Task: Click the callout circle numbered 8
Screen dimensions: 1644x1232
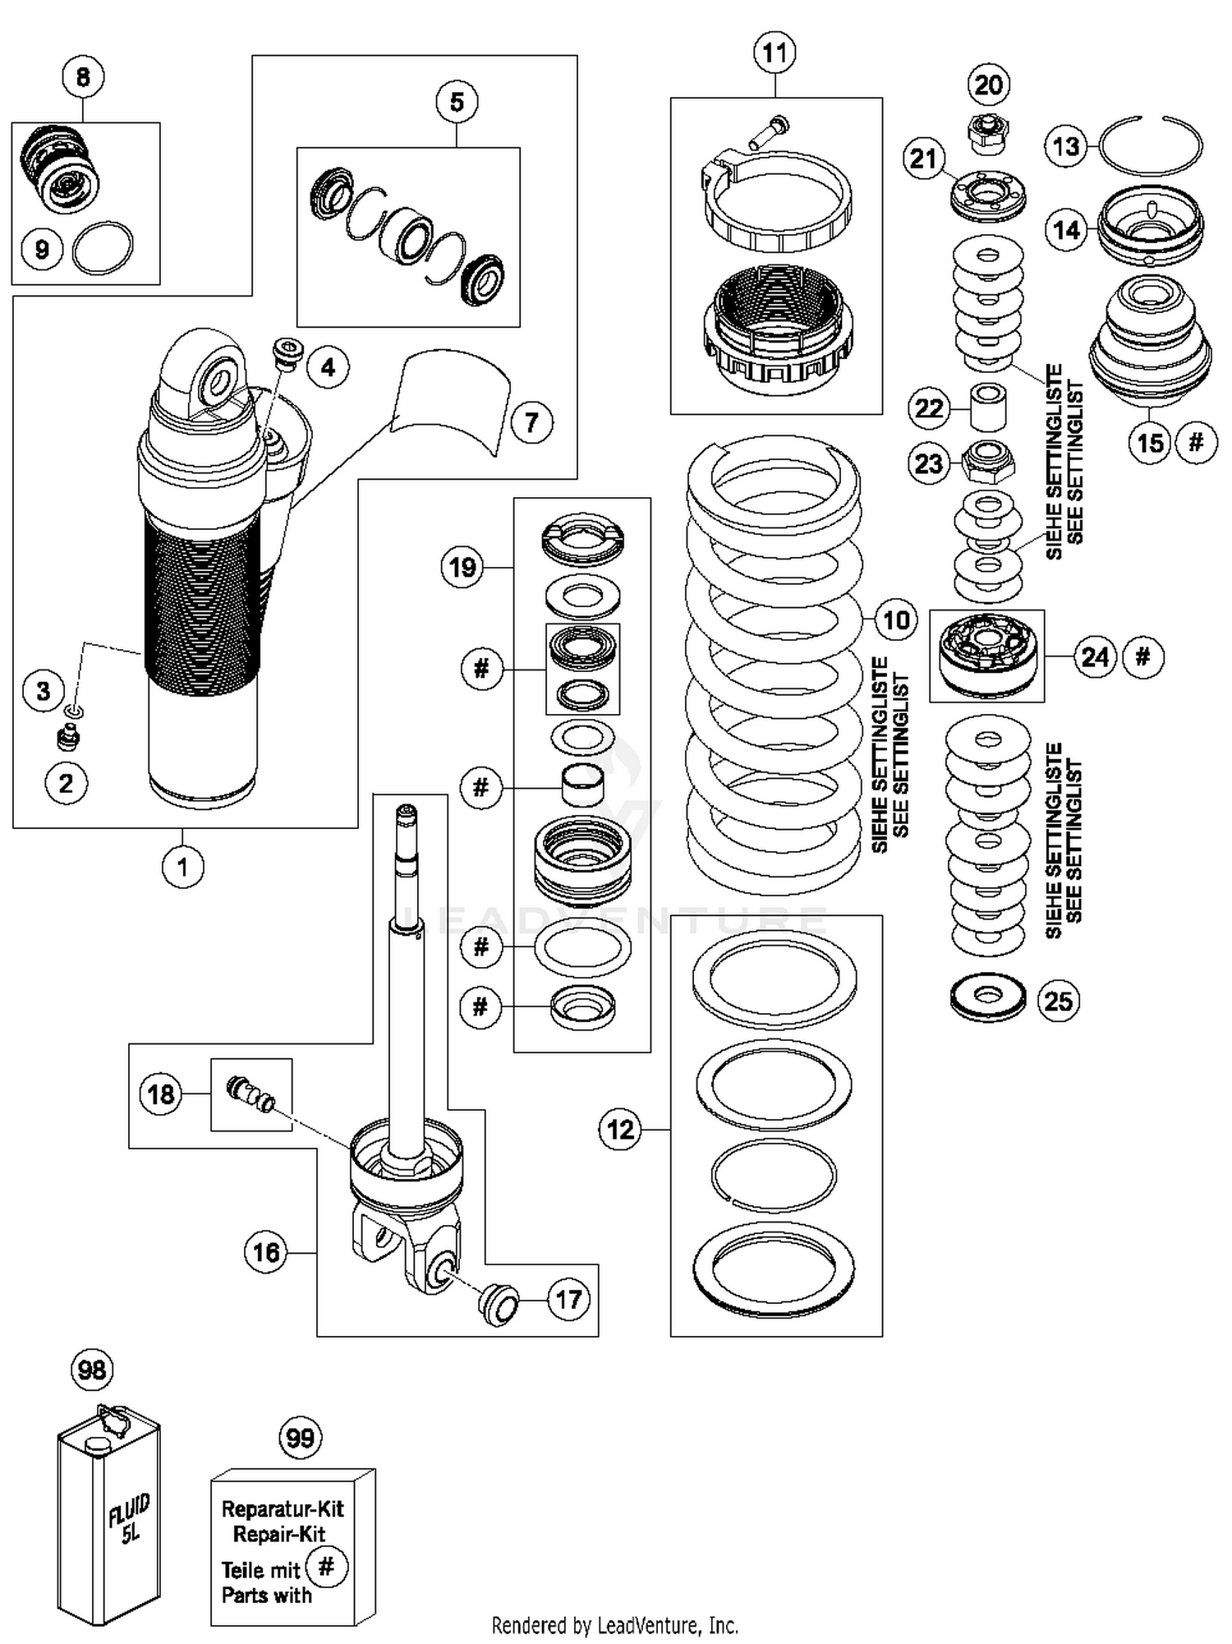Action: pyautogui.click(x=83, y=77)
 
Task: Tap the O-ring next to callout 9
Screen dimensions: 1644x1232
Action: pyautogui.click(x=103, y=248)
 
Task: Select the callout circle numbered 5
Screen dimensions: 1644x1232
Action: pyautogui.click(x=457, y=102)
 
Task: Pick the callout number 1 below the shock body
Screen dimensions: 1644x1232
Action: pyautogui.click(x=182, y=866)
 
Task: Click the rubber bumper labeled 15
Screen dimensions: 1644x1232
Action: pyautogui.click(x=1149, y=345)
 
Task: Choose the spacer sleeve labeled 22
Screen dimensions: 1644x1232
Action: pyautogui.click(x=988, y=406)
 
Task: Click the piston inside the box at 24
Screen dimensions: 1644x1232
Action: pyautogui.click(x=986, y=655)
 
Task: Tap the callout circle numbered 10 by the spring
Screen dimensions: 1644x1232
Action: pyautogui.click(x=895, y=619)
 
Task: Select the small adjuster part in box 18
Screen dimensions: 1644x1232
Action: pyautogui.click(x=251, y=1094)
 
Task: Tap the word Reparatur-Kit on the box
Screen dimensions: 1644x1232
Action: pyautogui.click(x=283, y=1508)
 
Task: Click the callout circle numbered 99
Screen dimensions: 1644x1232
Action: pyautogui.click(x=301, y=1438)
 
